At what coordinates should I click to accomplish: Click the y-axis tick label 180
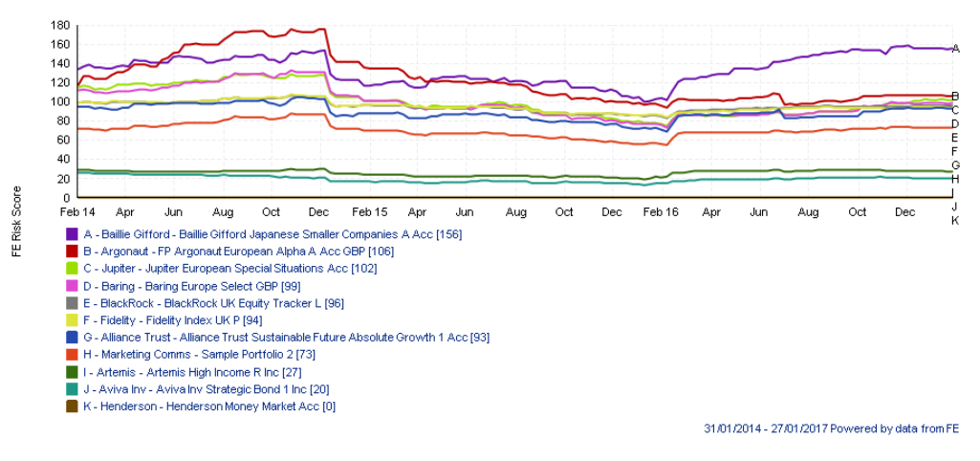[x=62, y=25]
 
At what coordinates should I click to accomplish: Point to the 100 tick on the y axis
[x=62, y=101]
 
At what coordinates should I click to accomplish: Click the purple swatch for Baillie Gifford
[x=72, y=234]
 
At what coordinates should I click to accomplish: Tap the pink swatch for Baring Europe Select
[x=72, y=286]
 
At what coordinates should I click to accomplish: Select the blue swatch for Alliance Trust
[x=72, y=338]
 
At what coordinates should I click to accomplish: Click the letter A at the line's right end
[x=955, y=48]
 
